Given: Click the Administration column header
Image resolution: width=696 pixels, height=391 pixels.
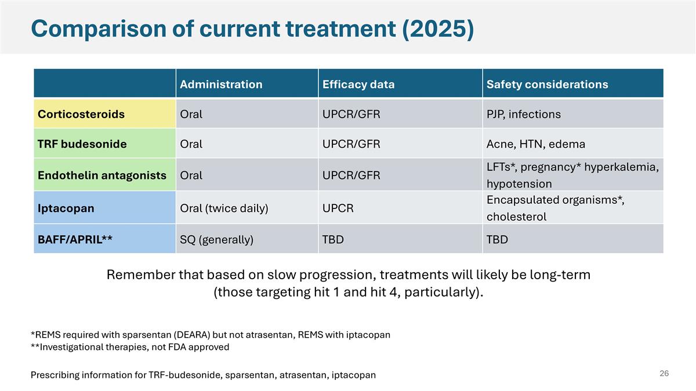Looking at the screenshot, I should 221,85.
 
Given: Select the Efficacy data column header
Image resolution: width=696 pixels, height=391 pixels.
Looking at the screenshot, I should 358,85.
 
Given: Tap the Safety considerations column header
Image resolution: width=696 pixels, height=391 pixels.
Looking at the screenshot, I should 547,85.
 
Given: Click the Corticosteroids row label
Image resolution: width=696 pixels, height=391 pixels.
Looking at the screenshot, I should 81,114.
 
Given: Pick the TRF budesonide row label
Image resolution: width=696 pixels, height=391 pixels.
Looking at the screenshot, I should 82,144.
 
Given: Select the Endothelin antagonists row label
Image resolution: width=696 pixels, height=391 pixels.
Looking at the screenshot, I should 102,175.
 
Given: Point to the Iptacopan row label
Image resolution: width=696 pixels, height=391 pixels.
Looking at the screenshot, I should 66,208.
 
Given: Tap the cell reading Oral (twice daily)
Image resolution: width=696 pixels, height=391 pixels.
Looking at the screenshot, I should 224,208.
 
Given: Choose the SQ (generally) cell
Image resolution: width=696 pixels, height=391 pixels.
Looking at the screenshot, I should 216,239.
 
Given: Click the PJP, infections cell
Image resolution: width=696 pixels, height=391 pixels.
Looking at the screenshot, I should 523,114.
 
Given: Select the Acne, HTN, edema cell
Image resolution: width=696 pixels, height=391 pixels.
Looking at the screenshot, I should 535,144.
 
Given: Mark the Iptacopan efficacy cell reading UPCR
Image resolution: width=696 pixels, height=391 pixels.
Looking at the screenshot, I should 338,208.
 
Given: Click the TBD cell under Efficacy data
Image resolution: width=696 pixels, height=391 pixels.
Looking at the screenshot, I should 332,239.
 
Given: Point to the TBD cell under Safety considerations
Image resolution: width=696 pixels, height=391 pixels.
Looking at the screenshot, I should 497,239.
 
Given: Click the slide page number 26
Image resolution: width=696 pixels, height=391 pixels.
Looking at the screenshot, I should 664,374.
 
